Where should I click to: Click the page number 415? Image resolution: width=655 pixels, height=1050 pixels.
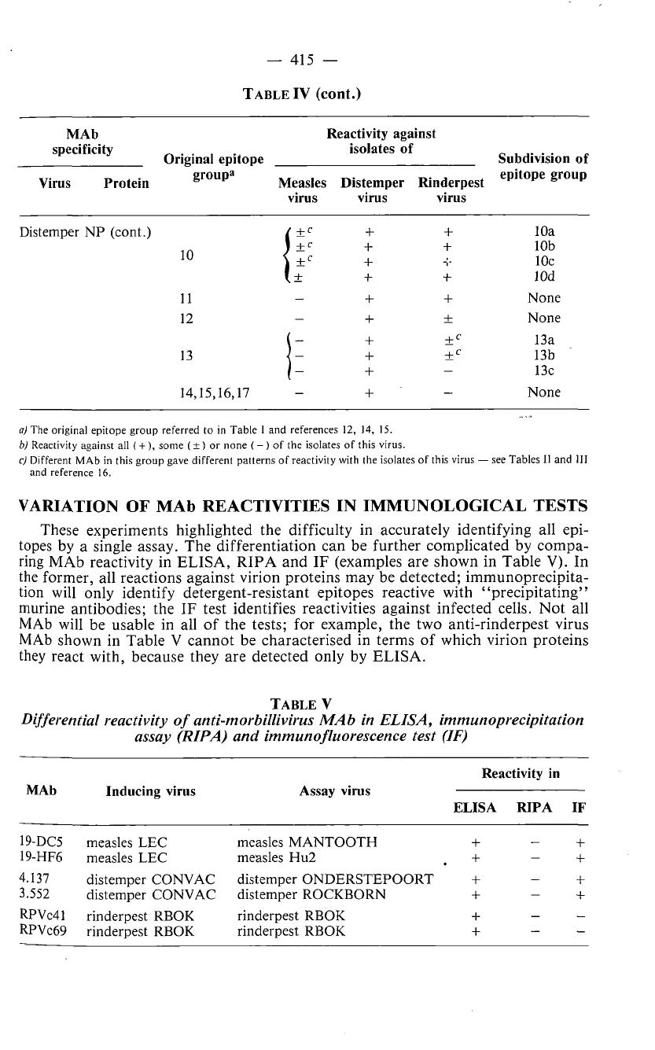point(327,59)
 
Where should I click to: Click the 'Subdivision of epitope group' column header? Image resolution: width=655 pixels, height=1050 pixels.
point(543,166)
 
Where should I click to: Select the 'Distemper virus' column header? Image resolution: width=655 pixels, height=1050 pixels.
point(372,190)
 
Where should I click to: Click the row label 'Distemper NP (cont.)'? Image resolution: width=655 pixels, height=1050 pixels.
point(85,232)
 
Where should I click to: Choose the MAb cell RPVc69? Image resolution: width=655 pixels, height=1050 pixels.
point(39,931)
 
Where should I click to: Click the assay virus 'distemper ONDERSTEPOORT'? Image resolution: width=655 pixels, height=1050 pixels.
point(334,879)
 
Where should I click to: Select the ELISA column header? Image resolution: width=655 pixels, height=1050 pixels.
point(475,806)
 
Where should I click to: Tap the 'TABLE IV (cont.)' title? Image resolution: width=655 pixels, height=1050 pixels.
point(301,95)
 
